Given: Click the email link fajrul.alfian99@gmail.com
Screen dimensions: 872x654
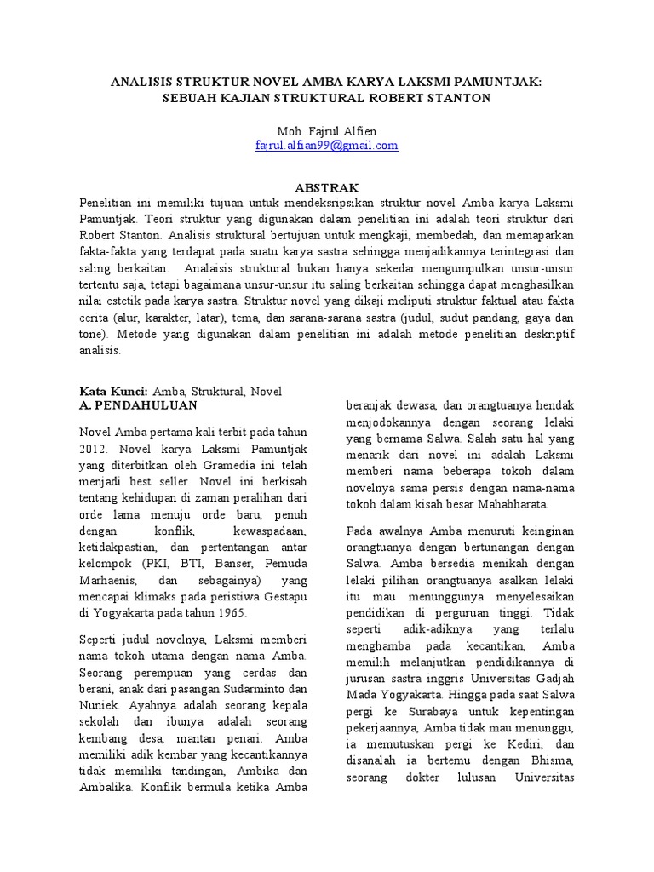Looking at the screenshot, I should (326, 146).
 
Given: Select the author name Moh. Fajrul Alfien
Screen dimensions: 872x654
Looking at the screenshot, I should (326, 130).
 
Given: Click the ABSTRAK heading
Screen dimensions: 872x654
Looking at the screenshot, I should (326, 187).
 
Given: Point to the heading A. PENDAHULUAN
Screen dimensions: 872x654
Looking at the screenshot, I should (132, 406).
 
